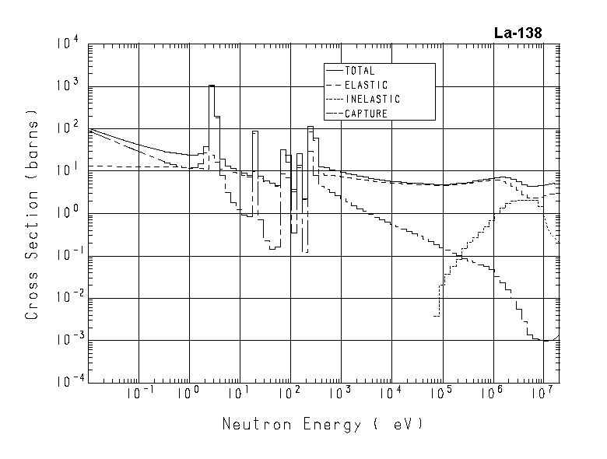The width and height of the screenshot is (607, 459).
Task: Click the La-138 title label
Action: tap(518, 33)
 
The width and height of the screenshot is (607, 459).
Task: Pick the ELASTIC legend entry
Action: tap(365, 85)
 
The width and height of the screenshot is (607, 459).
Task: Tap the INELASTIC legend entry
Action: tap(371, 100)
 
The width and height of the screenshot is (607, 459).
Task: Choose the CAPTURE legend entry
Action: tap(365, 114)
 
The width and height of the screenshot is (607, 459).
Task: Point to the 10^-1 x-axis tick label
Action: tap(139, 395)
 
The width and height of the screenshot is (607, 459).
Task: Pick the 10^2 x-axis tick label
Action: tap(289, 395)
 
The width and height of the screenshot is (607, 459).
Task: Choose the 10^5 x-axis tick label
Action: tap(440, 395)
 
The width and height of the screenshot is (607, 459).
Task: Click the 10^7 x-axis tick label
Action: tap(542, 395)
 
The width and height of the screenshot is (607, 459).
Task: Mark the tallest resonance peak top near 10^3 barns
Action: tap(212, 86)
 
